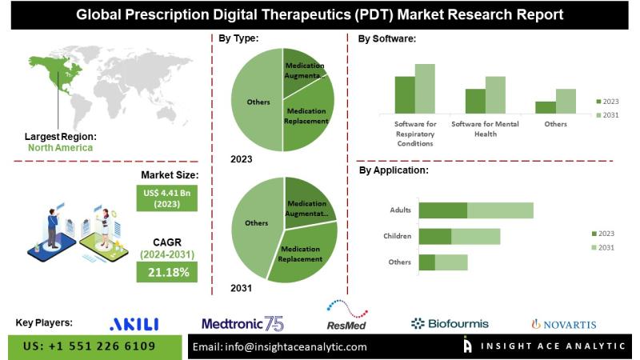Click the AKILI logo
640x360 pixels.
pyautogui.click(x=134, y=323)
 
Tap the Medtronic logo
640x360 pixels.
pyautogui.click(x=242, y=323)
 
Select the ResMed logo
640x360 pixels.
pyautogui.click(x=347, y=319)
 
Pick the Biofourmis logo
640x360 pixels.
pyautogui.click(x=449, y=323)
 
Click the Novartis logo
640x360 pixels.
pyautogui.click(x=564, y=324)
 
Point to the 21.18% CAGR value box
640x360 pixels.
pyautogui.click(x=168, y=273)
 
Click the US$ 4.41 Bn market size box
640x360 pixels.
pyautogui.click(x=169, y=198)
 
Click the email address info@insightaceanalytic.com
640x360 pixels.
pyautogui.click(x=280, y=346)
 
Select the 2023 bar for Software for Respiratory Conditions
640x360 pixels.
pyautogui.click(x=405, y=94)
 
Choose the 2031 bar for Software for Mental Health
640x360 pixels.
pyautogui.click(x=496, y=94)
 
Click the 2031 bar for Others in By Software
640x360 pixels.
pyautogui.click(x=566, y=101)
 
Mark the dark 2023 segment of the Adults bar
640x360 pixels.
pyautogui.click(x=443, y=210)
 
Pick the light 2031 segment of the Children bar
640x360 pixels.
pyautogui.click(x=475, y=237)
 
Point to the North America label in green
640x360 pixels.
pyautogui.click(x=61, y=147)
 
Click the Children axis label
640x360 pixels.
pyautogui.click(x=398, y=237)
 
